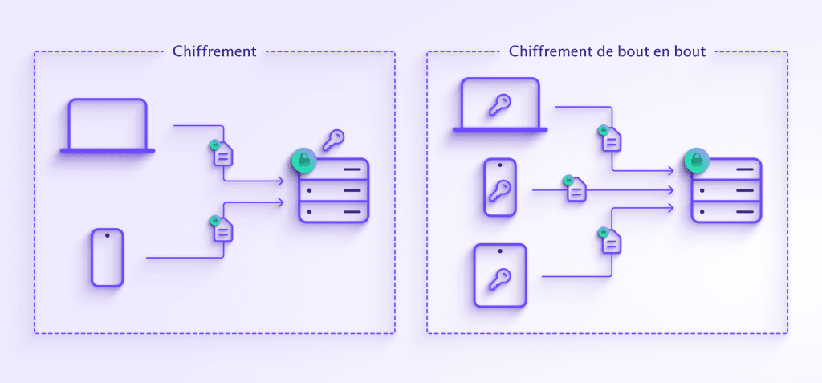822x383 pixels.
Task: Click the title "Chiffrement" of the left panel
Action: click(x=214, y=51)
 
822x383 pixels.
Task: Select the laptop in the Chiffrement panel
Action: click(x=108, y=125)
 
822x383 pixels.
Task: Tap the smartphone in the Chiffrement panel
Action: click(x=107, y=257)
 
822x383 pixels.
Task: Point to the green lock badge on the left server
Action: click(x=303, y=160)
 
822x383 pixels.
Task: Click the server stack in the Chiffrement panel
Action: click(x=333, y=190)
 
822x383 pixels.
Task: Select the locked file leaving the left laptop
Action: click(x=222, y=153)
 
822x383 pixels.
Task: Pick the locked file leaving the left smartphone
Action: click(x=222, y=229)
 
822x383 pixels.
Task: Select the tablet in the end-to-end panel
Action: click(x=499, y=275)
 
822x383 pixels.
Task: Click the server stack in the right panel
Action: click(x=726, y=190)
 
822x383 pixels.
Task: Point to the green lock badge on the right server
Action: click(x=695, y=160)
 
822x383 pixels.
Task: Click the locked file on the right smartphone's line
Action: click(x=576, y=189)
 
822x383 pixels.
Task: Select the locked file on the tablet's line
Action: click(x=611, y=240)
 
